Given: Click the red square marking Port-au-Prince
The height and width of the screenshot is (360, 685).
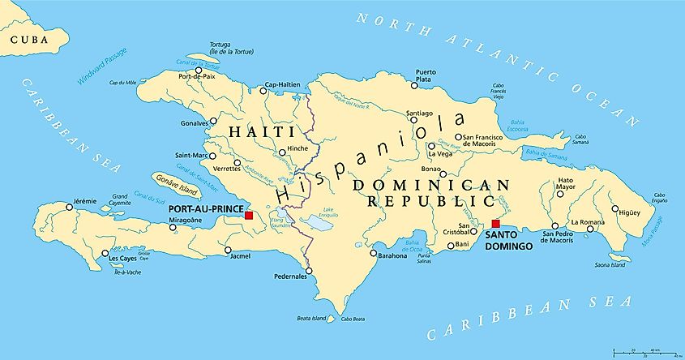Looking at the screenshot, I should coord(249,216).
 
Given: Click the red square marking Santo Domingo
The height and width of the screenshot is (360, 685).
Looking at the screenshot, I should coord(496,224).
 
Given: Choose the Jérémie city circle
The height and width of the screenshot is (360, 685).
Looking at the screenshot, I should coord(69,207).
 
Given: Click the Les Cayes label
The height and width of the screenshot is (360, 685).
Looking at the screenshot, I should coord(124,259).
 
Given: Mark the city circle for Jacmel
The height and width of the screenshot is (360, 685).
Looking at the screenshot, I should coord(228,250).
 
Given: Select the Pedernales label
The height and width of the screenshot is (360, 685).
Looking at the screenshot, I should coord(290,276).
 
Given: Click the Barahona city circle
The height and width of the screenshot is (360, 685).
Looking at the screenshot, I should coord(373,253).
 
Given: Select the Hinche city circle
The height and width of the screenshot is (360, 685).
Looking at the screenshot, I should coord(280,152).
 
